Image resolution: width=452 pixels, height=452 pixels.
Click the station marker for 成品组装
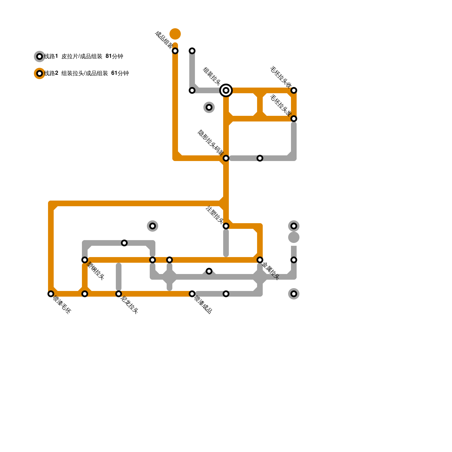tap(175, 51)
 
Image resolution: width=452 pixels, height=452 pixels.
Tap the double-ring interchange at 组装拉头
tap(226, 90)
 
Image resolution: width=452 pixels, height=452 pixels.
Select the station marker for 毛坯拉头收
tap(294, 90)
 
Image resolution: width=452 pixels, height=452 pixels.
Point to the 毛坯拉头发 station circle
tap(294, 119)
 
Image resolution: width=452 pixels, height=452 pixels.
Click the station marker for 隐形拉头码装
tap(226, 158)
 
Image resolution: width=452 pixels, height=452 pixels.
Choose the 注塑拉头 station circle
tap(226, 226)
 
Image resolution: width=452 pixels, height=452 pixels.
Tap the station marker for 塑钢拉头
tap(85, 260)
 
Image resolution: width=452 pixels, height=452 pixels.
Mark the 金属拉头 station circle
tap(260, 260)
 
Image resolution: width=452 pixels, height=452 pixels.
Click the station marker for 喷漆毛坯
tap(51, 294)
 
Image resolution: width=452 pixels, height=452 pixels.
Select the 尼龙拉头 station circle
tap(119, 294)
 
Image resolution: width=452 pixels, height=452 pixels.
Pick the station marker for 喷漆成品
tap(192, 294)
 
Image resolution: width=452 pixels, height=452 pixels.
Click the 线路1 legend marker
tap(40, 56)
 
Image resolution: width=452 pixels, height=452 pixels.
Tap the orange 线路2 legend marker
tap(40, 73)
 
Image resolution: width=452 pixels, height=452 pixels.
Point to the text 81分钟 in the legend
tap(114, 56)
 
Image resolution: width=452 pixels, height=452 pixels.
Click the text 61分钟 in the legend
tap(120, 73)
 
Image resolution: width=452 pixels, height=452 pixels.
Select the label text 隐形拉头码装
tap(210, 143)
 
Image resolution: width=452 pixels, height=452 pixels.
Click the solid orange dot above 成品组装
tap(175, 34)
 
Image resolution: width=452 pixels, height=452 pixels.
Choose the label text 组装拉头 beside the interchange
tap(212, 76)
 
